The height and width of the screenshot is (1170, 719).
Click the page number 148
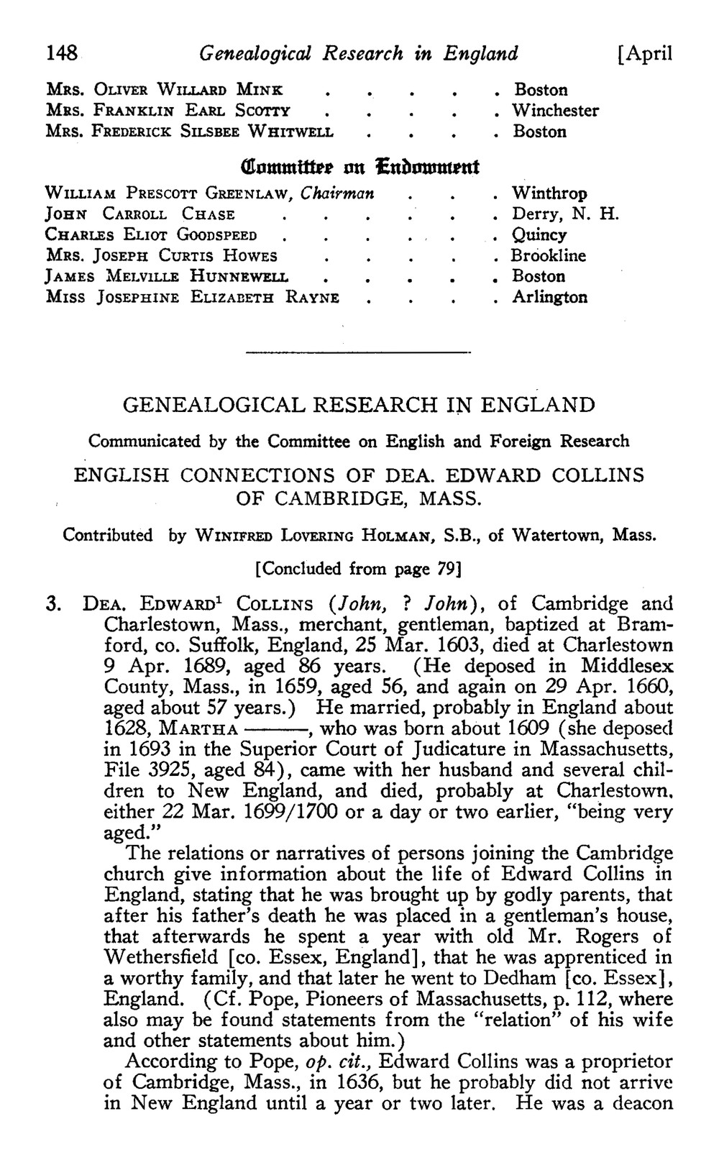click(61, 53)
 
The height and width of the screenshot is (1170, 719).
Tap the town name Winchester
click(555, 111)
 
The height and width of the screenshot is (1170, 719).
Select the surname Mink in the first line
click(257, 90)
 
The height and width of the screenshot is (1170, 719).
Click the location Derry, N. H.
click(565, 214)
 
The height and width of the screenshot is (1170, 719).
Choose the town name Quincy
click(539, 235)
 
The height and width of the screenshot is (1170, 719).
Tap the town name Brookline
click(549, 256)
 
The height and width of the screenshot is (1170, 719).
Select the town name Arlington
click(549, 297)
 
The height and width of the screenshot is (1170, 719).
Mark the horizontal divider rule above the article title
click(357, 352)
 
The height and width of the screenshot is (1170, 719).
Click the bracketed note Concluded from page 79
click(357, 569)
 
